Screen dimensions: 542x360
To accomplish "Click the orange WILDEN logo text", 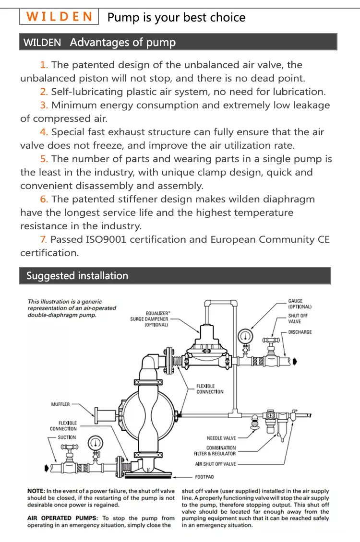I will [60, 17].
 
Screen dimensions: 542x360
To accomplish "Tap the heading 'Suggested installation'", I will [77, 276].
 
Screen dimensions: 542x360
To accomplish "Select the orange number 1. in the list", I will [44, 65].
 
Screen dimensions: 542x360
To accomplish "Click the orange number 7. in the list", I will [44, 239].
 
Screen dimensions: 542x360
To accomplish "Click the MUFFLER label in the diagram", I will [60, 404].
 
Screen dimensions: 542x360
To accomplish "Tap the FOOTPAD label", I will [204, 477].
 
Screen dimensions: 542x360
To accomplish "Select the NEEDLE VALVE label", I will [221, 438].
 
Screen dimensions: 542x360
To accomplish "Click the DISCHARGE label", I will [300, 332].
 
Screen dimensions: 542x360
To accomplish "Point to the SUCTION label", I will [67, 437].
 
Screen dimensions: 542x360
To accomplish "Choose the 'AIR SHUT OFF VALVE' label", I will [216, 464].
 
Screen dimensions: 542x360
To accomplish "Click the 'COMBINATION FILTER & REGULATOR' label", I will [215, 450].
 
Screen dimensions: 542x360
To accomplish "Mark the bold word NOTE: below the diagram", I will [36, 491].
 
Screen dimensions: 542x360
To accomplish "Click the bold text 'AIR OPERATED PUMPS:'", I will [56, 518].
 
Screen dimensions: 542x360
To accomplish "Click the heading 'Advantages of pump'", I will [123, 42].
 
